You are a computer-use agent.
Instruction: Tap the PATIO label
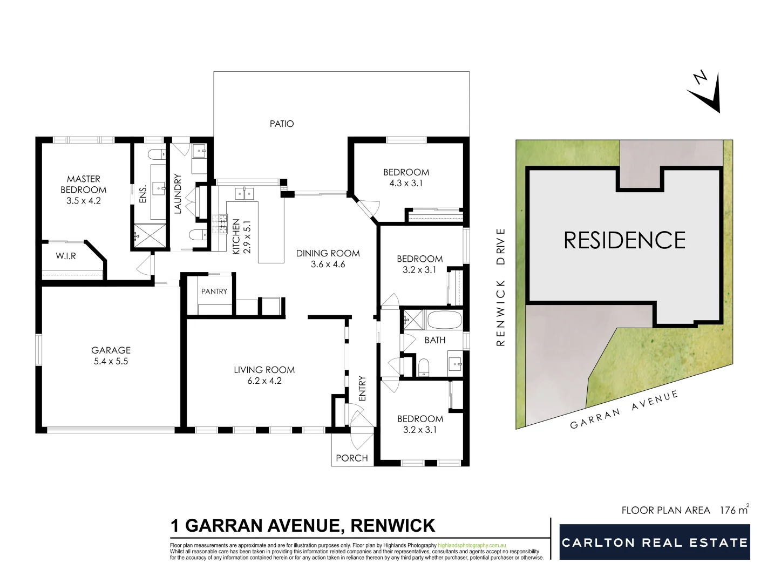[x=282, y=124]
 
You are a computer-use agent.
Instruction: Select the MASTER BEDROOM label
[x=83, y=184]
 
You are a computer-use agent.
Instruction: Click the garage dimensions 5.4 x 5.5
[x=111, y=362]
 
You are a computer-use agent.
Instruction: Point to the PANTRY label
[x=214, y=291]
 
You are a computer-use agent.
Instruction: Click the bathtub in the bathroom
[x=444, y=321]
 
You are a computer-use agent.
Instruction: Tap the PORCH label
[x=352, y=458]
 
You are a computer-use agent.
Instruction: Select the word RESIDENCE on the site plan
[x=624, y=240]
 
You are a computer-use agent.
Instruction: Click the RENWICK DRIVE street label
[x=501, y=287]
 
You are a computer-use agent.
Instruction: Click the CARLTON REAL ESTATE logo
[x=655, y=543]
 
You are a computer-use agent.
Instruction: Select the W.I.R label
[x=66, y=256]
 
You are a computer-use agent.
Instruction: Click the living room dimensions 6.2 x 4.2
[x=264, y=381]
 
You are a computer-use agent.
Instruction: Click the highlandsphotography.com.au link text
[x=472, y=546]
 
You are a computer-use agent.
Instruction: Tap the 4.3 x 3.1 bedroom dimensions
[x=406, y=184]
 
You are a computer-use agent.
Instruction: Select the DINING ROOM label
[x=328, y=253]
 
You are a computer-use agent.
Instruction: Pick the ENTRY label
[x=362, y=388]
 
